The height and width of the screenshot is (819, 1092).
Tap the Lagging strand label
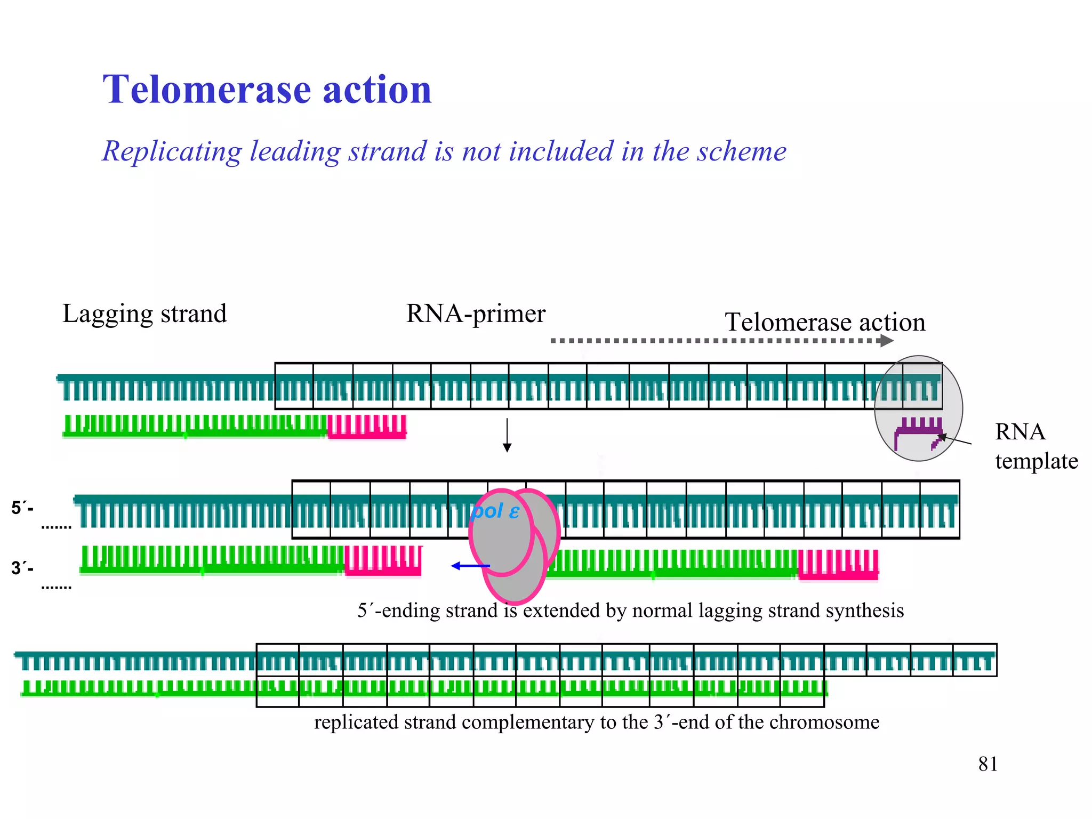[x=144, y=314]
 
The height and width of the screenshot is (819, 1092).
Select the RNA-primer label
[x=476, y=314]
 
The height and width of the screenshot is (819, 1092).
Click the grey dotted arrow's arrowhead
[x=887, y=341]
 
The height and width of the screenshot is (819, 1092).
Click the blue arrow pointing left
[x=470, y=566]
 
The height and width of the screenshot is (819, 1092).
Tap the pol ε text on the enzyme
[x=495, y=511]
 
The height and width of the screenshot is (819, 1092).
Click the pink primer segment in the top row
[x=367, y=427]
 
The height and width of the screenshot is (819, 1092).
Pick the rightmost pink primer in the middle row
[x=838, y=565]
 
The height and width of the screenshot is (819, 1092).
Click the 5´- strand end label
[x=22, y=508]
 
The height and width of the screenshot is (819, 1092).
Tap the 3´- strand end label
[x=22, y=568]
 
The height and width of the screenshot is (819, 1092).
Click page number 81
[x=987, y=764]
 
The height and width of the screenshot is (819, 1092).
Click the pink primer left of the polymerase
[x=383, y=561]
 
